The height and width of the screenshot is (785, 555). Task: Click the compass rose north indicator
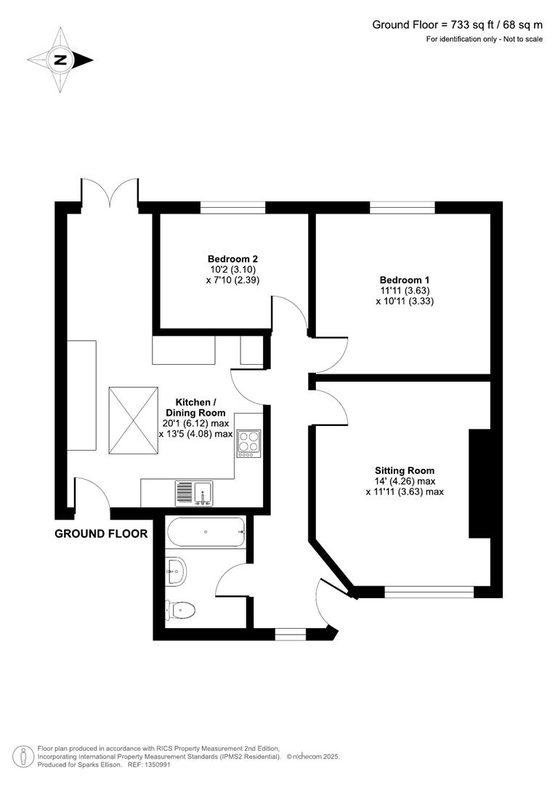click(60, 60)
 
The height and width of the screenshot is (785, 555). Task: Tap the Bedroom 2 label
click(232, 259)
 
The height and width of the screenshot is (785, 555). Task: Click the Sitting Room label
click(405, 470)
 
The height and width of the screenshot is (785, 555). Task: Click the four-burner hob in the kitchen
click(248, 443)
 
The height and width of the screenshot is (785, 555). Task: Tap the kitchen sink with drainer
click(193, 494)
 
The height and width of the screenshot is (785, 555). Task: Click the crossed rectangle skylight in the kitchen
click(134, 422)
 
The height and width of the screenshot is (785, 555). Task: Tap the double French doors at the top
click(110, 195)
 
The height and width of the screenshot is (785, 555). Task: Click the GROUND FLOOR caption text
click(101, 534)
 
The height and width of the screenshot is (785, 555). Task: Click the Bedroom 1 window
click(402, 207)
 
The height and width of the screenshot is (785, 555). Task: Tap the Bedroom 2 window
click(232, 207)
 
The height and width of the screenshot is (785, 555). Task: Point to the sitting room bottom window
click(429, 592)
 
